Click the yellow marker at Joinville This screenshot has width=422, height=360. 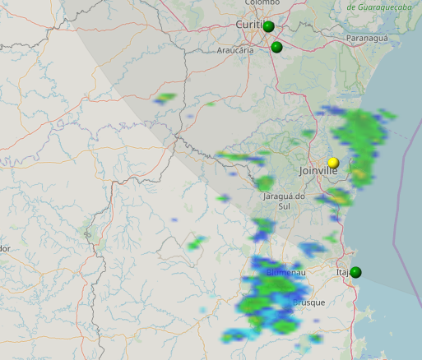click(333, 162)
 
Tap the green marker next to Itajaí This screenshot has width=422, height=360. click(356, 272)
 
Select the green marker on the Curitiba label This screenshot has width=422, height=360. click(268, 26)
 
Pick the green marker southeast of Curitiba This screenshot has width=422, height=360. click(276, 47)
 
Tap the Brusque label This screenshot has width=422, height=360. click(308, 302)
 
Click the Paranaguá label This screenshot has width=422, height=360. click(366, 39)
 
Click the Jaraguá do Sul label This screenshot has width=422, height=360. click(284, 201)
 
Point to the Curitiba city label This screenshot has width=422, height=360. click(248, 25)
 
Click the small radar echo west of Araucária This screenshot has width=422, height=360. click(166, 99)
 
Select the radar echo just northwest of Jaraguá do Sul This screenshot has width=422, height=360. click(265, 183)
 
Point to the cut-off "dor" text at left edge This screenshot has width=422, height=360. click(4, 248)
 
